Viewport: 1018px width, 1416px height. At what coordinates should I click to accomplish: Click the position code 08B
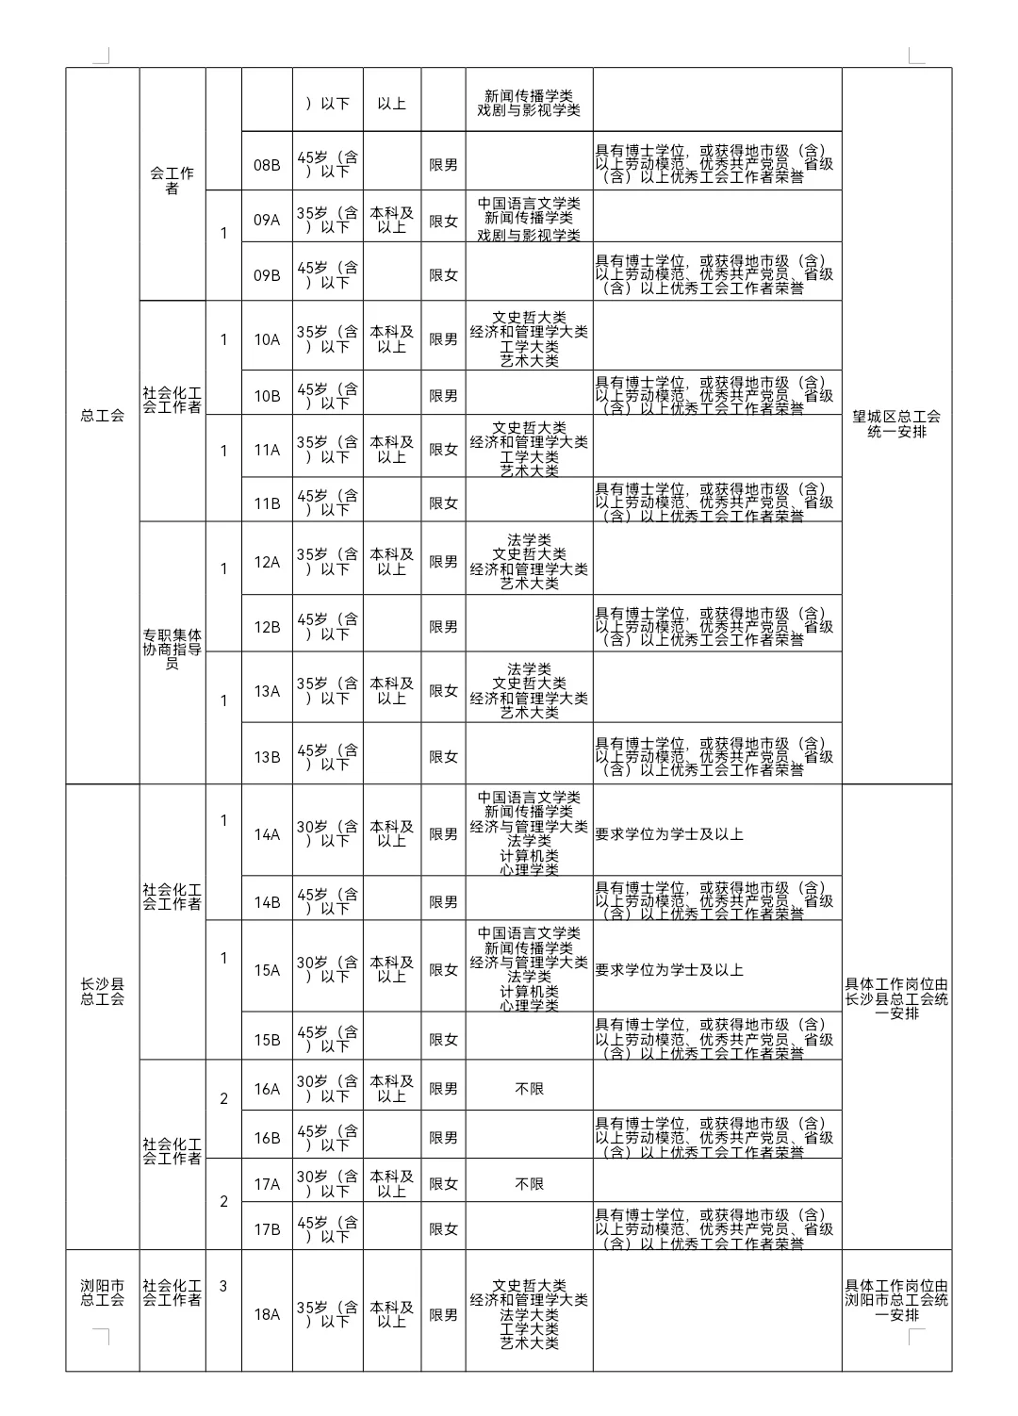tap(267, 165)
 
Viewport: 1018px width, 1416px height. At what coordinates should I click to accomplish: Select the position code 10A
tap(267, 339)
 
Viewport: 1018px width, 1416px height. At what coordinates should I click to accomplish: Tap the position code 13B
tap(267, 757)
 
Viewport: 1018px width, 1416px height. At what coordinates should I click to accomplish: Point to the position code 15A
tap(267, 970)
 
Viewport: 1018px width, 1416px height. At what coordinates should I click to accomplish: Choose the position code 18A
tap(267, 1314)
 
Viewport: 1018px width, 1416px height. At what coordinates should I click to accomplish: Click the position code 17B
tap(267, 1229)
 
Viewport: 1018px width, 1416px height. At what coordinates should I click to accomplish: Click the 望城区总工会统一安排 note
tap(896, 424)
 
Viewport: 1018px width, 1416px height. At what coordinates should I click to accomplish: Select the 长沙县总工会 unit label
tap(102, 992)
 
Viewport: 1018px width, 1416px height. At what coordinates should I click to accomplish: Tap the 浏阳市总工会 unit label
tap(102, 1293)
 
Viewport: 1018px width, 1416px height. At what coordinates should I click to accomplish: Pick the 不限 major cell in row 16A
tap(529, 1089)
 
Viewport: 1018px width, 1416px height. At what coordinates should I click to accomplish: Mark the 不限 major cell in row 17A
tap(529, 1184)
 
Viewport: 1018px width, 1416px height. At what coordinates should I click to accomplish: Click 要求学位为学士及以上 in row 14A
tap(669, 834)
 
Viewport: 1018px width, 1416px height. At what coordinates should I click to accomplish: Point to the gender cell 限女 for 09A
tap(443, 221)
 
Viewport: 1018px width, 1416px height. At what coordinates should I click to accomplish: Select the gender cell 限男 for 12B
tap(443, 627)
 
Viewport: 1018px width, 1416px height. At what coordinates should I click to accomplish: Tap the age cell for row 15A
tap(327, 970)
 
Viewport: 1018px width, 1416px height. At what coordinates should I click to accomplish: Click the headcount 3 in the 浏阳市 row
tap(223, 1286)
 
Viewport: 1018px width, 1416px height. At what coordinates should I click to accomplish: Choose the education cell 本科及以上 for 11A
tap(391, 450)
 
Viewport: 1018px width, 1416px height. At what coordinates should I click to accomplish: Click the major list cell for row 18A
tap(529, 1314)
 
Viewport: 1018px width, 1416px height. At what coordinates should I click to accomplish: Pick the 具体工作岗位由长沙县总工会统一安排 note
tap(896, 998)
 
